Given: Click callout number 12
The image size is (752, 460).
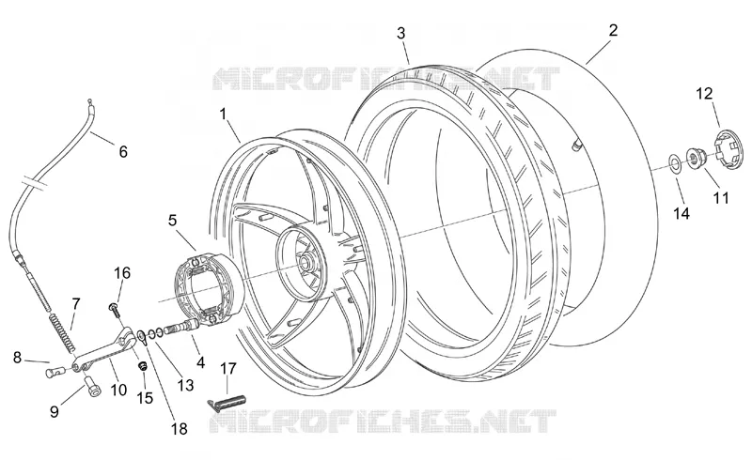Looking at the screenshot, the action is pos(704,94).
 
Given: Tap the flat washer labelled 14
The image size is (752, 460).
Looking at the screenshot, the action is pos(675,163).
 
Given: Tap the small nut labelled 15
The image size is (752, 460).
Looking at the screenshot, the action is pos(143,366).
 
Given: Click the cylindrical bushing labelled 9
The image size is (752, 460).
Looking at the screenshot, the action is pos(92,386).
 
